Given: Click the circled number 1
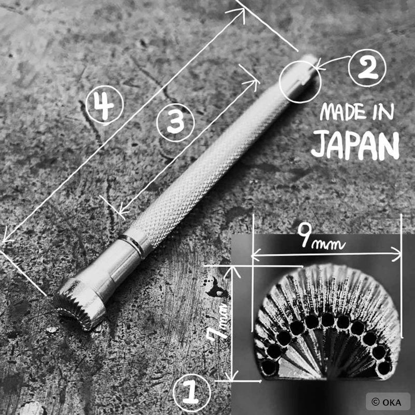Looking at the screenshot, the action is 191,393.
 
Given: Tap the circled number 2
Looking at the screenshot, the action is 367,68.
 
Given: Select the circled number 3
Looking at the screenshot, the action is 175,122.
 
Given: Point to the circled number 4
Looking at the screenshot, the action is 104,105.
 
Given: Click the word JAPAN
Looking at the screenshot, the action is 355,145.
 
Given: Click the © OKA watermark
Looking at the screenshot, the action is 387,402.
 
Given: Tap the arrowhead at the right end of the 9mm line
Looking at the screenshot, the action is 396,254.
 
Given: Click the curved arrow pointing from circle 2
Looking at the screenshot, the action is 333,61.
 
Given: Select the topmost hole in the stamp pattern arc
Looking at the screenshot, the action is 328,319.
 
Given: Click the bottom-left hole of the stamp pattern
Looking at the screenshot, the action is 269,367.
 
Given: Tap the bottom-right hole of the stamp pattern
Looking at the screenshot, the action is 384,368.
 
